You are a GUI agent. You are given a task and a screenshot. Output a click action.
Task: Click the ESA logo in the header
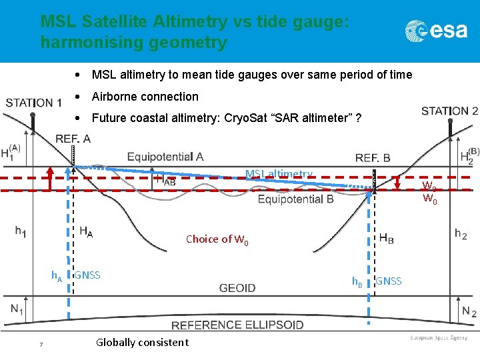pyautogui.click(x=436, y=30)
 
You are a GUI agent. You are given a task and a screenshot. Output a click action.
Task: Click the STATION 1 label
pyautogui.click(x=34, y=103)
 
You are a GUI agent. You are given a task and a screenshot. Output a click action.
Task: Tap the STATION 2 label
pyautogui.click(x=449, y=111)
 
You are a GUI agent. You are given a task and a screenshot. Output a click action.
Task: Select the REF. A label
pyautogui.click(x=73, y=139)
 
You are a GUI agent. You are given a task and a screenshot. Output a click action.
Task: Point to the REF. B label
pyautogui.click(x=373, y=158)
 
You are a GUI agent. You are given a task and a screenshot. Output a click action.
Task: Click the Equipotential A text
pyautogui.click(x=165, y=157)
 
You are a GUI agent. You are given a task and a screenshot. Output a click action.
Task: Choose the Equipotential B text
pyautogui.click(x=295, y=199)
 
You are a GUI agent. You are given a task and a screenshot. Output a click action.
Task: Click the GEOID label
pyautogui.click(x=237, y=288)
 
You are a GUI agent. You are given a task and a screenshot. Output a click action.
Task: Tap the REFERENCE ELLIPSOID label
pyautogui.click(x=237, y=325)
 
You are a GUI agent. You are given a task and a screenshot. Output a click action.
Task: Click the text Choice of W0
pyautogui.click(x=217, y=239)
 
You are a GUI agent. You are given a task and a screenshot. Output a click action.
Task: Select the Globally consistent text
pyautogui.click(x=142, y=343)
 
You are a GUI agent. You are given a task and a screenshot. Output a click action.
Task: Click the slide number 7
pyautogui.click(x=41, y=344)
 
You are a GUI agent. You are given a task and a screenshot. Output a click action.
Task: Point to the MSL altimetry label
pyautogui.click(x=279, y=174)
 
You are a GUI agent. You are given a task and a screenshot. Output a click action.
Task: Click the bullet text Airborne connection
pyautogui.click(x=145, y=97)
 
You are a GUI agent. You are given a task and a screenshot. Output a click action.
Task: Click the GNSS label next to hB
pyautogui.click(x=389, y=281)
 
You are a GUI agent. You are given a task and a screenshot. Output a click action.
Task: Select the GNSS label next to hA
pyautogui.click(x=87, y=275)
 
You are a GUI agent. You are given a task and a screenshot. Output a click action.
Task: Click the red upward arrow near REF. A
pyautogui.click(x=49, y=179)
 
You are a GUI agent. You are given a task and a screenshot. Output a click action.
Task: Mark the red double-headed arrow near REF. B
pyautogui.click(x=398, y=183)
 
